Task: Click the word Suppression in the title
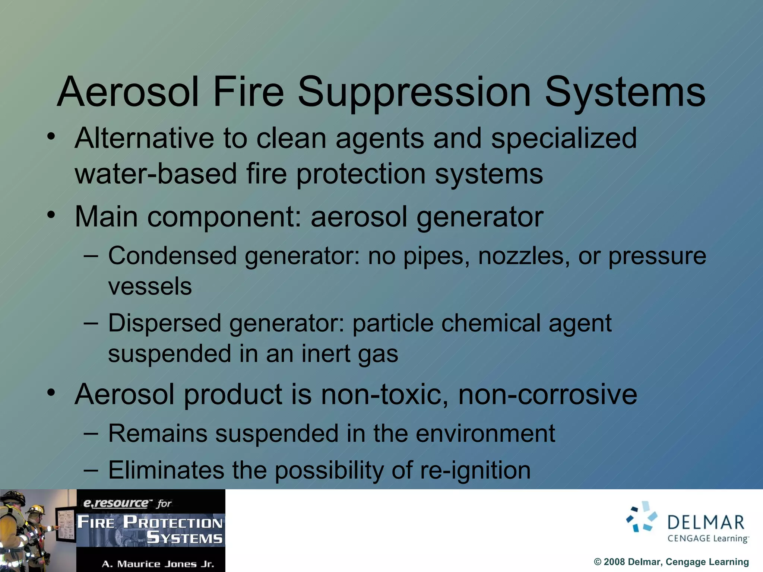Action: click(414, 92)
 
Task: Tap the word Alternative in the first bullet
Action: click(144, 138)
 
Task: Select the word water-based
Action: click(156, 174)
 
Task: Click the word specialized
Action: click(564, 138)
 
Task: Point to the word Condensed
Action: click(172, 256)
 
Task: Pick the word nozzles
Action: click(524, 256)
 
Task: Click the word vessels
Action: click(150, 286)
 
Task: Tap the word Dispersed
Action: click(165, 323)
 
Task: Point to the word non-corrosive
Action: click(547, 394)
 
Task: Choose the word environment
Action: click(485, 434)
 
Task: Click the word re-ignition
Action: click(475, 470)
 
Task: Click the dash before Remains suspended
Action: click(91, 434)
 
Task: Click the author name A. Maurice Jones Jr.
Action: click(158, 564)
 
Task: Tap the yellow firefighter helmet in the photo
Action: click(35, 509)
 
